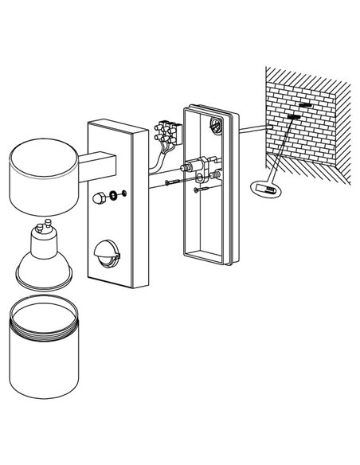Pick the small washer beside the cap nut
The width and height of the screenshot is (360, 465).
click(x=120, y=193)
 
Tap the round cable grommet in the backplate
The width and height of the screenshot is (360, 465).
click(x=214, y=124)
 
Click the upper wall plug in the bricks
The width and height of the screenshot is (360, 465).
click(x=304, y=105)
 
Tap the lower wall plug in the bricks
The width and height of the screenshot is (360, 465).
click(x=292, y=118)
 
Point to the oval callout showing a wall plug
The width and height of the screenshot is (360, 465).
click(x=265, y=189)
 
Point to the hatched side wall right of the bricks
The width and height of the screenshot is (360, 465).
click(x=341, y=111)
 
